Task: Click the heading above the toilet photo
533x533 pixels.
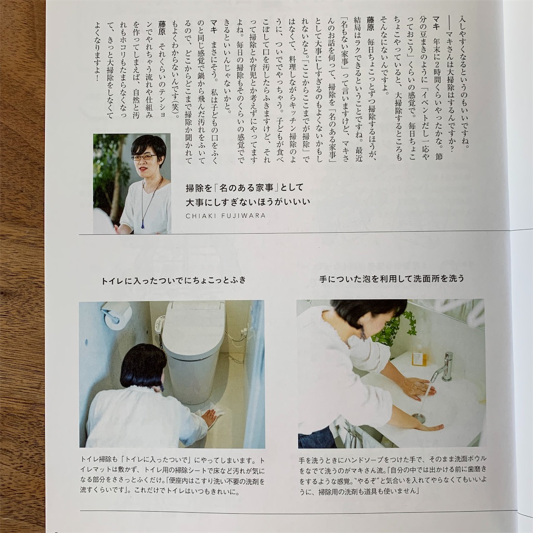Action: [174, 280]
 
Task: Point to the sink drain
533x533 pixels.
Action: [418, 416]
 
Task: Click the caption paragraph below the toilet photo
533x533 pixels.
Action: [172, 476]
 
